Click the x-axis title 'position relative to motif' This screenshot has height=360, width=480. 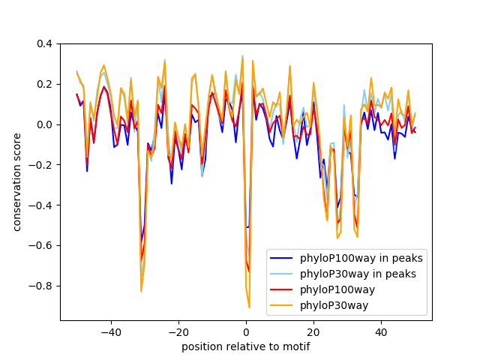pyautogui.click(x=246, y=346)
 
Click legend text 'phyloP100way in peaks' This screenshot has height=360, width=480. pyautogui.click(x=361, y=258)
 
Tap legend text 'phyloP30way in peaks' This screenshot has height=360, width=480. pyautogui.click(x=358, y=274)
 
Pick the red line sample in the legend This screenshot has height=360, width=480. pyautogui.click(x=283, y=289)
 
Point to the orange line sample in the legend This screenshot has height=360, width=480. pyautogui.click(x=283, y=304)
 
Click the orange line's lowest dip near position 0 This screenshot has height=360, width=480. pyautogui.click(x=249, y=307)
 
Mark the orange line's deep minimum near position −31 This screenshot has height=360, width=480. pyautogui.click(x=141, y=291)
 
